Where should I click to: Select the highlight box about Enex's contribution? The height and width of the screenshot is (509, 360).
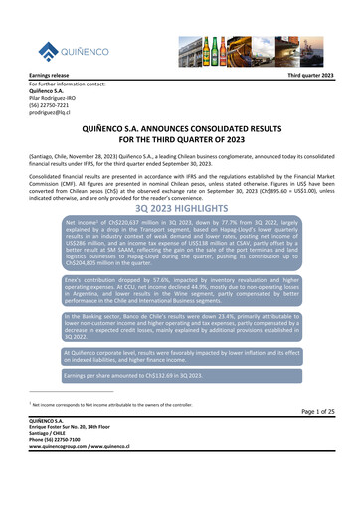180,277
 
